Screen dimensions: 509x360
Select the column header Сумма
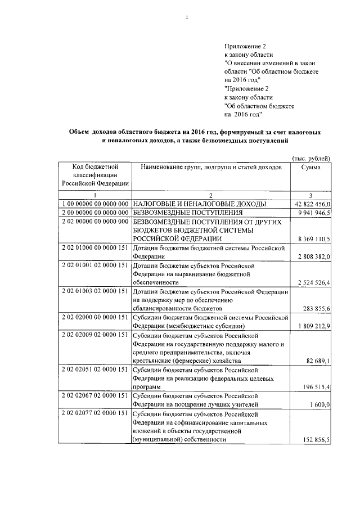pos(310,167)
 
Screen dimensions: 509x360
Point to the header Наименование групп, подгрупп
pos(211,167)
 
